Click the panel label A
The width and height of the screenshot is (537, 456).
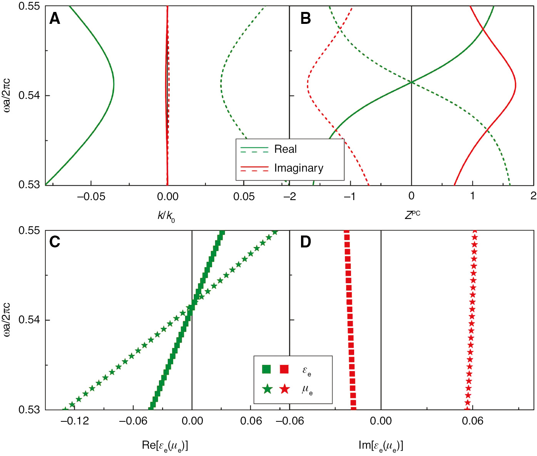click(x=55, y=18)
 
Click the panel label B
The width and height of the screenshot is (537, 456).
click(x=305, y=18)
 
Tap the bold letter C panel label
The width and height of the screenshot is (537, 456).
click(x=55, y=242)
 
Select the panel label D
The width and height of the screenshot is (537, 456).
click(x=305, y=242)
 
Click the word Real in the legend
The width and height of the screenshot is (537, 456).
click(x=285, y=149)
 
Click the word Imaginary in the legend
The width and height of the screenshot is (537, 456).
click(x=299, y=168)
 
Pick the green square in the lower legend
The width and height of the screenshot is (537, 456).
click(x=266, y=369)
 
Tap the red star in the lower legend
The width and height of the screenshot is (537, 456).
click(x=284, y=389)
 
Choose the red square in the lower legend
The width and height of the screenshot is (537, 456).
click(x=284, y=369)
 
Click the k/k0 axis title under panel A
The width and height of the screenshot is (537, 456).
click(x=166, y=216)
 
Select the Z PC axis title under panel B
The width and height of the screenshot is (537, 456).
click(x=412, y=215)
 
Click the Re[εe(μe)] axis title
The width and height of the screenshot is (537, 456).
click(x=165, y=446)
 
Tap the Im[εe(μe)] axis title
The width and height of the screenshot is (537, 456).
click(x=381, y=446)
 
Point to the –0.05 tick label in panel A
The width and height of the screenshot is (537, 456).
click(x=91, y=197)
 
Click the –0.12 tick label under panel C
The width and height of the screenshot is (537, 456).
click(x=74, y=421)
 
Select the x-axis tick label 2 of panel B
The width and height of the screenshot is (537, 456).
click(x=533, y=196)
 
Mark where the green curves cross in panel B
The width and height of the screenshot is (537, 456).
click(x=412, y=82)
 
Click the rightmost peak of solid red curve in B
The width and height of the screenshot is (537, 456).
click(x=516, y=85)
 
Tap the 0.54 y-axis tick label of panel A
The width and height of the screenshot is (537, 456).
click(x=29, y=95)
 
